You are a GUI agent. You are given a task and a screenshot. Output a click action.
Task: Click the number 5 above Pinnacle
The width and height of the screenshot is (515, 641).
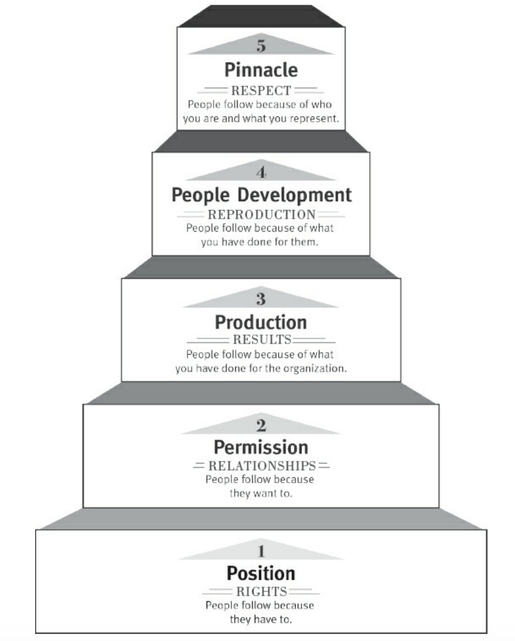[x=260, y=47]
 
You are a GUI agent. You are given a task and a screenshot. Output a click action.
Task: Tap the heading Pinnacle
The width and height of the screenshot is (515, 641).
[x=260, y=70]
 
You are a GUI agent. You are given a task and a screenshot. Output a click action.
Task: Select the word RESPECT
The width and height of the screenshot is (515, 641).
[x=260, y=92]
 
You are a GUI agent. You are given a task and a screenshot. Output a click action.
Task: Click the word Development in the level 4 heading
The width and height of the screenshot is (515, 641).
[x=298, y=195]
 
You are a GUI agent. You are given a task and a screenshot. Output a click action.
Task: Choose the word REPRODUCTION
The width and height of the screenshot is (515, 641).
[x=260, y=215]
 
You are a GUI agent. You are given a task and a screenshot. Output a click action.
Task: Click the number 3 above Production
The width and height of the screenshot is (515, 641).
[x=260, y=299]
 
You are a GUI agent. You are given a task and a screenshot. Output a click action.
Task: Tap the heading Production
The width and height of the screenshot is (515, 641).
[x=260, y=322]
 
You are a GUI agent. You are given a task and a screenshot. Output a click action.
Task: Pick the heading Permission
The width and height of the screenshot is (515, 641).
[x=260, y=447]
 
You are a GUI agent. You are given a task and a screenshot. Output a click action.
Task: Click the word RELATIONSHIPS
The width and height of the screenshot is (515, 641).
[x=260, y=467]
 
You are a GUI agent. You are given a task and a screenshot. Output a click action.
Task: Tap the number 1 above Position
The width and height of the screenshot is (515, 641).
[x=260, y=551]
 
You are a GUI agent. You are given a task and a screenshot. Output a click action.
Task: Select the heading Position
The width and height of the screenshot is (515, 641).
[x=260, y=573]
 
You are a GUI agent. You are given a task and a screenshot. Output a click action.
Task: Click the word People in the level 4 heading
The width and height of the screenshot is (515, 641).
[x=197, y=195]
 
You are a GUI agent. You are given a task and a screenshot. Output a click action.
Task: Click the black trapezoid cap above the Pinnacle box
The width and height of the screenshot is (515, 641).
[x=260, y=16]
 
